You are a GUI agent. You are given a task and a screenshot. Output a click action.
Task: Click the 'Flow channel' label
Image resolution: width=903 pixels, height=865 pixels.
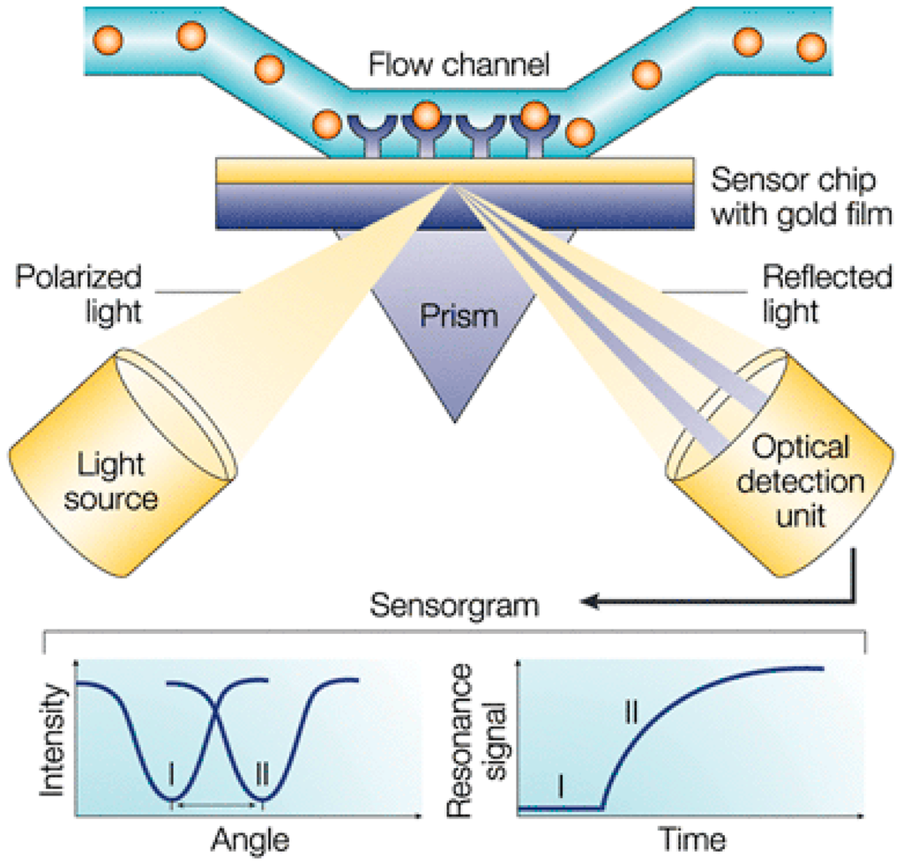(459, 64)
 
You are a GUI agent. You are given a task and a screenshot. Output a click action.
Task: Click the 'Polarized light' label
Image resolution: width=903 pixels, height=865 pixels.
(78, 294)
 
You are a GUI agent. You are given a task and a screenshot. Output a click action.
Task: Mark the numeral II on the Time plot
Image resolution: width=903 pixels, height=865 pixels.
(631, 712)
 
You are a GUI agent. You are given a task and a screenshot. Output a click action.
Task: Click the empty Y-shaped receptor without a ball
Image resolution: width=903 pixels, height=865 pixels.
(479, 136)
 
